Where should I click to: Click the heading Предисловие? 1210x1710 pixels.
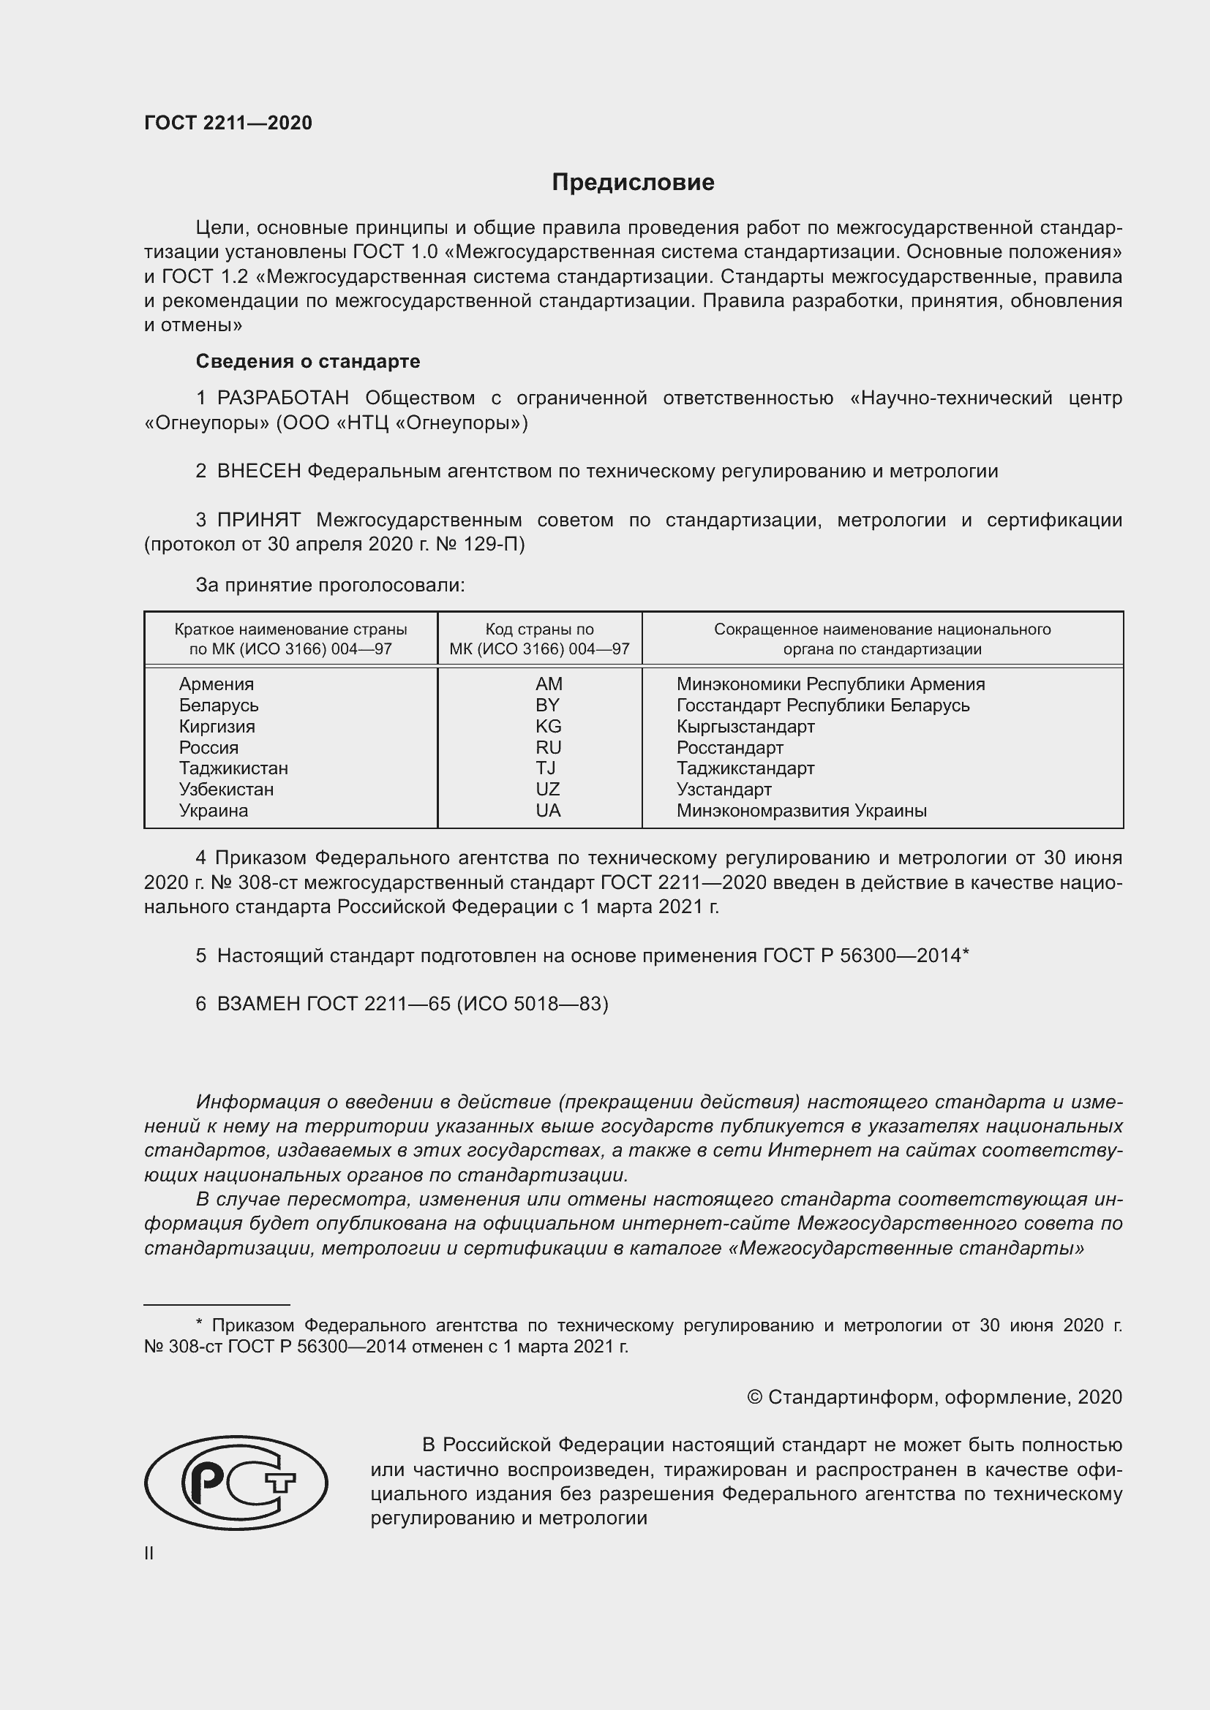[633, 183]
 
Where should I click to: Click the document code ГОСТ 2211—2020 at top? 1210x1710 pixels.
[228, 123]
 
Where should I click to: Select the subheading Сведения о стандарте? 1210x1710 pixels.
[308, 361]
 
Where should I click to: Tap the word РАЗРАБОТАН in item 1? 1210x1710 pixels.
[282, 398]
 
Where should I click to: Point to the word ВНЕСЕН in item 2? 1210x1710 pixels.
[258, 472]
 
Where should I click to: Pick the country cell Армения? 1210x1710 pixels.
[216, 684]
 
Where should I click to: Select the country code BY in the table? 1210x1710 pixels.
[547, 705]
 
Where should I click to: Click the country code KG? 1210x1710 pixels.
[548, 726]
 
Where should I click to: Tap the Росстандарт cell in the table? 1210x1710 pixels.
[729, 747]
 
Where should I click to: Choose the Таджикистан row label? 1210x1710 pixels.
[233, 768]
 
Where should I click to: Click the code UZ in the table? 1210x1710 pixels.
[547, 790]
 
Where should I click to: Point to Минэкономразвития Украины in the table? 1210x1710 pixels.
[801, 810]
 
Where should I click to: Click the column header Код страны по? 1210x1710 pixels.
[539, 629]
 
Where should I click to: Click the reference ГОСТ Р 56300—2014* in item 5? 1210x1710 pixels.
[865, 956]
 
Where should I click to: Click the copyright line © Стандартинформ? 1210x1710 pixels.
[933, 1397]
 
